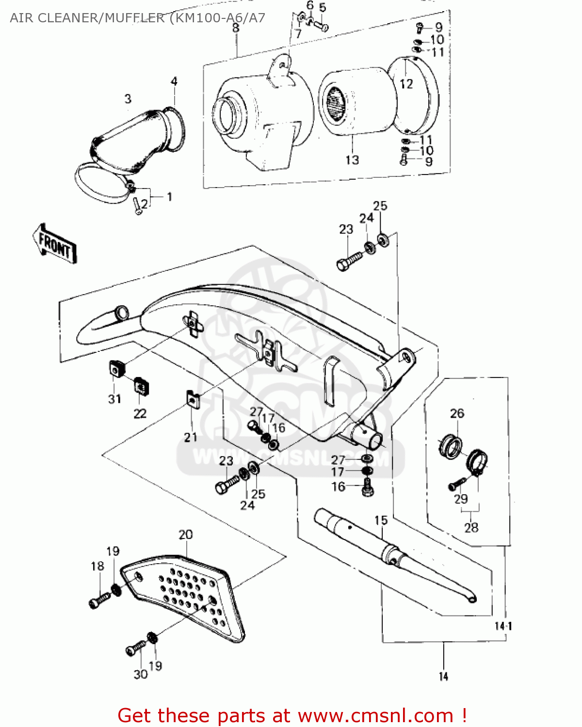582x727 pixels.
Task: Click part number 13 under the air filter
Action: click(352, 160)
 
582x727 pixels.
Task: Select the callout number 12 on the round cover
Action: click(406, 84)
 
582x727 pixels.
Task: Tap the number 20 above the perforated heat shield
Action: click(185, 535)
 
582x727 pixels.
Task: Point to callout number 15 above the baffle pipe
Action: click(381, 521)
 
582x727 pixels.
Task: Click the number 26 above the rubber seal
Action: click(457, 413)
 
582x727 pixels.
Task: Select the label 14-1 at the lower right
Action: click(503, 626)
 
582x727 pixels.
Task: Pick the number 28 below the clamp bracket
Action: click(471, 527)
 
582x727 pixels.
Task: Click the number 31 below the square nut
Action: click(114, 399)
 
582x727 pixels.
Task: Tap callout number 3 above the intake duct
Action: click(128, 99)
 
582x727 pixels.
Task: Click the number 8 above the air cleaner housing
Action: click(236, 28)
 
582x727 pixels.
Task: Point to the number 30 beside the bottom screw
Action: click(140, 674)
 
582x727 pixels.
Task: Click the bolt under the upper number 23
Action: click(349, 260)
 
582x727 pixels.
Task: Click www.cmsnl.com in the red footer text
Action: click(375, 716)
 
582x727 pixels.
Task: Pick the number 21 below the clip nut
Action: click(191, 437)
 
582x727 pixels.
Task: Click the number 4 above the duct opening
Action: click(174, 81)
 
